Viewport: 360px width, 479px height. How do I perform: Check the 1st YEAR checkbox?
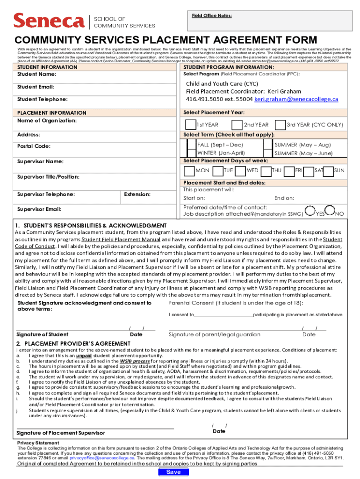tap(191, 124)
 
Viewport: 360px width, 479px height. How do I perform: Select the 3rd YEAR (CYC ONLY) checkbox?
tap(281, 124)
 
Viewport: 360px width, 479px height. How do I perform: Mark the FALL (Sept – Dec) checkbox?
tap(191, 145)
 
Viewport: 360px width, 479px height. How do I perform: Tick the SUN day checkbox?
tap(328, 171)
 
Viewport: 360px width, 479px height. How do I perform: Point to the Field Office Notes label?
tap(212, 15)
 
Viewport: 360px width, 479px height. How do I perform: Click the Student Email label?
tap(36, 87)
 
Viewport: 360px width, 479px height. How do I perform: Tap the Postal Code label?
tap(34, 146)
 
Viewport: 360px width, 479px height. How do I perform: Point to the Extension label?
tap(137, 194)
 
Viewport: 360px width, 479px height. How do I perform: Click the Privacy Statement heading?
tap(38, 443)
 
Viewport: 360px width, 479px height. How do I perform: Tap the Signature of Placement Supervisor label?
tap(61, 433)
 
